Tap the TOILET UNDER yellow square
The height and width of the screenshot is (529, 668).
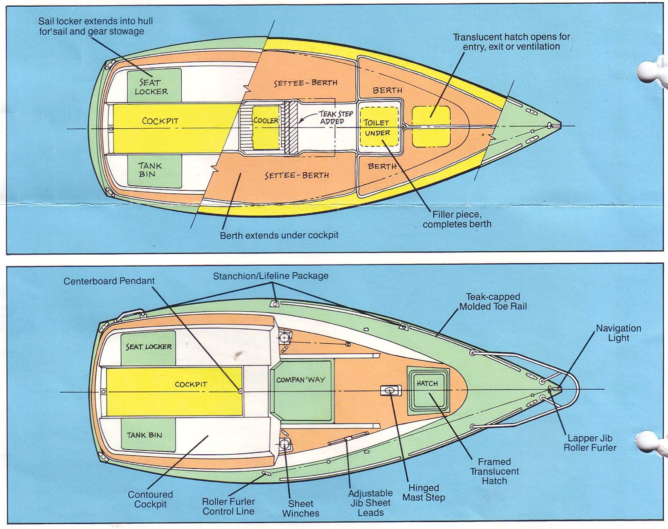tap(378, 127)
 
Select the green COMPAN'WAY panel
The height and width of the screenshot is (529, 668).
tap(301, 391)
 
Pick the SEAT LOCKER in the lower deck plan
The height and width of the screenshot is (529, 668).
tap(148, 347)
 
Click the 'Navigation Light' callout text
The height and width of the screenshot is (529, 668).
tap(618, 333)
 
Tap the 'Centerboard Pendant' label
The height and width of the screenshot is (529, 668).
tap(109, 281)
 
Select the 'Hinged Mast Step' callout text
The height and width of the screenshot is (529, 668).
tap(424, 492)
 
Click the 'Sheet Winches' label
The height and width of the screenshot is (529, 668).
tap(301, 508)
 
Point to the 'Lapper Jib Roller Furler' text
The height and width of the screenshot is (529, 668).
tap(590, 443)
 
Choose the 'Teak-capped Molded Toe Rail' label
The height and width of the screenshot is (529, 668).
tap(493, 301)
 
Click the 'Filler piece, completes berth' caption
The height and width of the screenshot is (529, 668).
tap(457, 220)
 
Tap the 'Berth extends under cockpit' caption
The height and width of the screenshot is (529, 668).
tap(279, 235)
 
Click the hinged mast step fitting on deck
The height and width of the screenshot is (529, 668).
tap(391, 391)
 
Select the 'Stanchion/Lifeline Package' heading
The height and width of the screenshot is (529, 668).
tap(270, 276)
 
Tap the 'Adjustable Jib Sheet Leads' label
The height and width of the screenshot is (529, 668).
tap(370, 503)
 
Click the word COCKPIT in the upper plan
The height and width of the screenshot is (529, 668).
tap(160, 121)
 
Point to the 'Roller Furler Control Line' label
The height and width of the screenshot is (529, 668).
tap(228, 506)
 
